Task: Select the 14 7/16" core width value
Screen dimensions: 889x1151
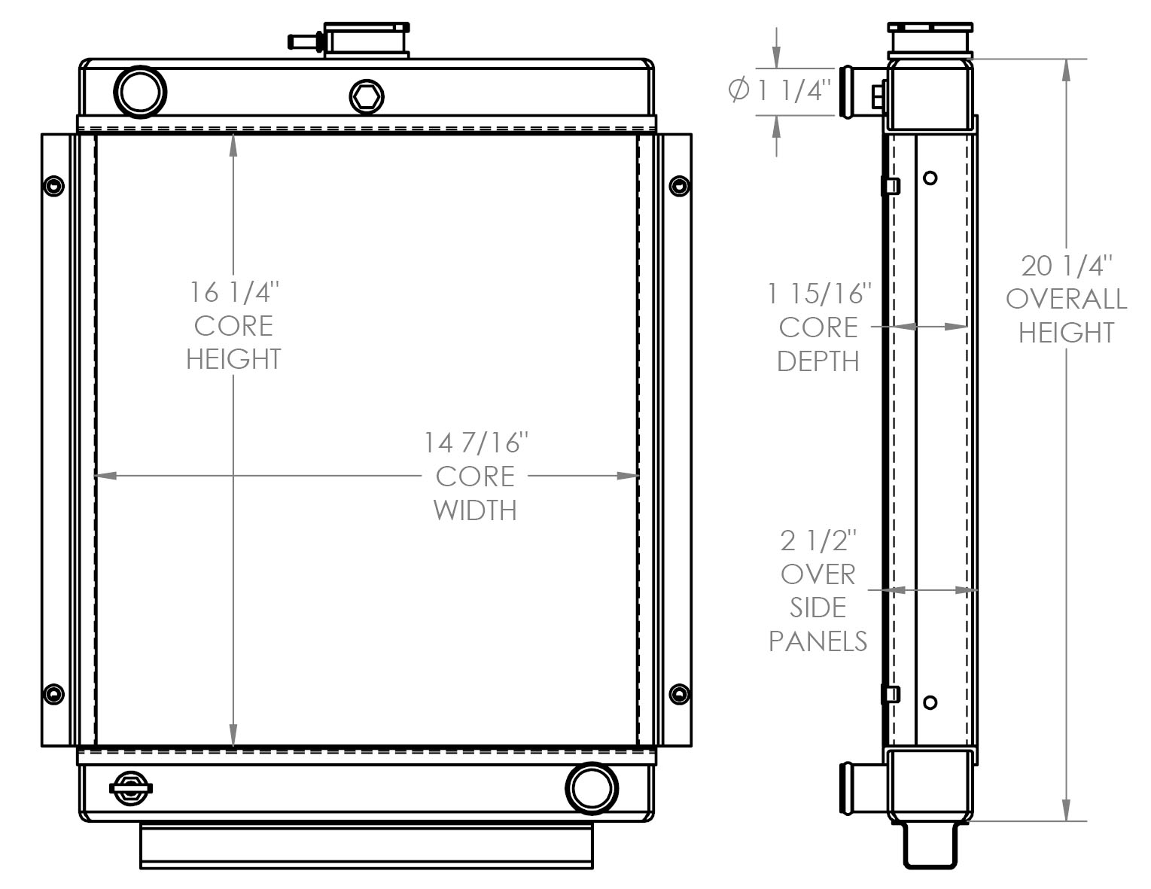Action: click(473, 443)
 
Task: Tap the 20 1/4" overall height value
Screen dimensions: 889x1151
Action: click(1066, 266)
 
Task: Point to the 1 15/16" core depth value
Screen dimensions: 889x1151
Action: click(819, 294)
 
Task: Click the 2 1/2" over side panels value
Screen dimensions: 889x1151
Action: click(818, 540)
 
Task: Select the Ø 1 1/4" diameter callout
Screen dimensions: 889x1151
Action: click(780, 90)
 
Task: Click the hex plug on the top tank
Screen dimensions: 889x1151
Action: click(367, 97)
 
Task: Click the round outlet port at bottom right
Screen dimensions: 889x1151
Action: click(592, 788)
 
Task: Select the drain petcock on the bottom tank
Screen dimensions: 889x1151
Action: click(131, 788)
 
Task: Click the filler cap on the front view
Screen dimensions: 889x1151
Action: click(367, 39)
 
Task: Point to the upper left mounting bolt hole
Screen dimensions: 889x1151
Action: click(54, 186)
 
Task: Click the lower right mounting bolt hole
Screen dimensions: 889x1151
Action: click(679, 694)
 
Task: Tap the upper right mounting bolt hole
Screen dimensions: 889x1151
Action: click(679, 186)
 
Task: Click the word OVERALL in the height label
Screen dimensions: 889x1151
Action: click(1066, 300)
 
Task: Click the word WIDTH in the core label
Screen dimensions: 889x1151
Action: click(475, 510)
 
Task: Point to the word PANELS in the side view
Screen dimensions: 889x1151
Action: click(818, 641)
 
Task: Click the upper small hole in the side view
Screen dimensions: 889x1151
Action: click(930, 178)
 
